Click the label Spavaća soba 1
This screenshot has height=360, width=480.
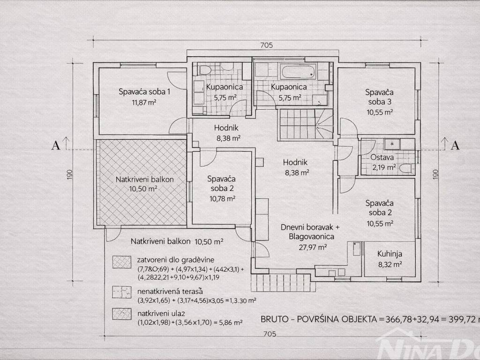(x=144, y=91)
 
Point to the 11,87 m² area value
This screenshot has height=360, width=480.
(x=144, y=102)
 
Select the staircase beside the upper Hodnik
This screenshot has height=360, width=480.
(x=306, y=125)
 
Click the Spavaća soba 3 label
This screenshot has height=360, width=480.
(x=379, y=97)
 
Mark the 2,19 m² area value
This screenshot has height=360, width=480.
(x=383, y=167)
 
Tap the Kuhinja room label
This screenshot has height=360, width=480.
(x=390, y=254)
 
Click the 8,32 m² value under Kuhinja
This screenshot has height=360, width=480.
(x=390, y=264)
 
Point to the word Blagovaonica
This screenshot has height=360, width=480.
(x=311, y=237)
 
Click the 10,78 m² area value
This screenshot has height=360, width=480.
(x=222, y=199)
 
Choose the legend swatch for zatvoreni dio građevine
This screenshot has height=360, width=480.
(x=122, y=262)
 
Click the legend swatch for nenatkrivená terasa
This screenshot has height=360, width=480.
(x=122, y=292)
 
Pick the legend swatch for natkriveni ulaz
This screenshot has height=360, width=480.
(x=122, y=314)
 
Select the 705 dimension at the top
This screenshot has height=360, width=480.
(x=266, y=45)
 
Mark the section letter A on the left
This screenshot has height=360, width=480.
(x=56, y=145)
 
